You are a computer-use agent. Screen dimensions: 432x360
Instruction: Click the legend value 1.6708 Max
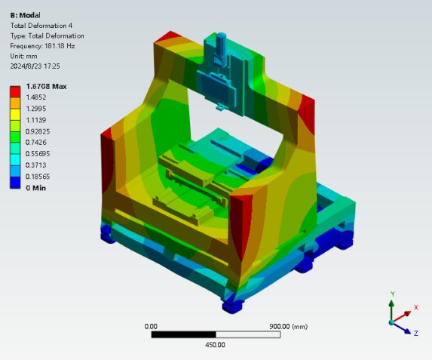point(46,87)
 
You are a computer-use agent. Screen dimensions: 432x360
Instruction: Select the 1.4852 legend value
point(36,97)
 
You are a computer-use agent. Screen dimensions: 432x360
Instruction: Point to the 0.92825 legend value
point(38,131)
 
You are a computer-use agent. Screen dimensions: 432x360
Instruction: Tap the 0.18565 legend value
point(38,177)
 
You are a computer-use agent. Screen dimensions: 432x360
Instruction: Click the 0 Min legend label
point(36,188)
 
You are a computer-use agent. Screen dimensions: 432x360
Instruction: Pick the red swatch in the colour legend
point(15,92)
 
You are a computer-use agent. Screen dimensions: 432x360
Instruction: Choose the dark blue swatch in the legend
point(15,183)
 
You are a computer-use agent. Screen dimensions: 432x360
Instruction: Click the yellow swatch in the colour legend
point(15,115)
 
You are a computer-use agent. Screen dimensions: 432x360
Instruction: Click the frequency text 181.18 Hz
point(60,46)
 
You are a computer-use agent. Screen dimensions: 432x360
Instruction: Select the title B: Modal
point(26,15)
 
